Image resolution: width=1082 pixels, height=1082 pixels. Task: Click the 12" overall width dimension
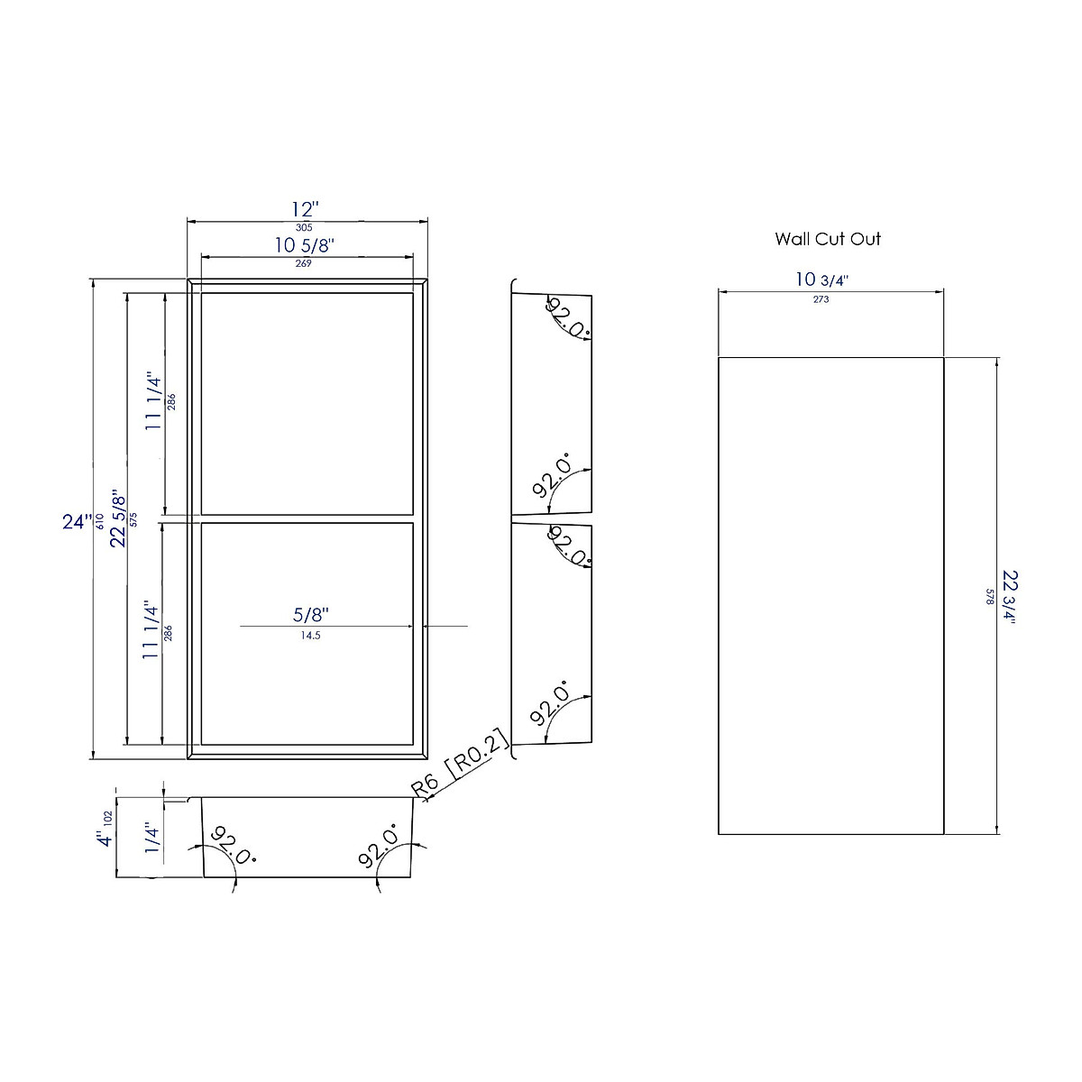[x=304, y=208]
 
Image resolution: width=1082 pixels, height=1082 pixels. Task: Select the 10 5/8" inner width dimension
[x=305, y=244]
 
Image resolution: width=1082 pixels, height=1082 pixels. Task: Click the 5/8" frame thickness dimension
[x=311, y=615]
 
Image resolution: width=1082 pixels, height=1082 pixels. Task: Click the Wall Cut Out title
[x=828, y=239]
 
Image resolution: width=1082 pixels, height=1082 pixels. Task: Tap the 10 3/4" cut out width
[x=821, y=280]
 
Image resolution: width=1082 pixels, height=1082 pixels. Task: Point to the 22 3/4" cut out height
[x=1009, y=596]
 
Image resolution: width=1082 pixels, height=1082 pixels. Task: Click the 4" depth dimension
[x=105, y=838]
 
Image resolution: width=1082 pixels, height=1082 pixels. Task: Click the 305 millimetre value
[x=304, y=228]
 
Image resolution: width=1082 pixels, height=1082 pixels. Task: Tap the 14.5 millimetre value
[x=310, y=635]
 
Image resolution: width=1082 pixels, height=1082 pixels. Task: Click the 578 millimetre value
[x=989, y=596]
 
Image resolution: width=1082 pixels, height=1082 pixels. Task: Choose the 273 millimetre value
[x=821, y=299]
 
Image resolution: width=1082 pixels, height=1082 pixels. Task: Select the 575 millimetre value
[x=133, y=519]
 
